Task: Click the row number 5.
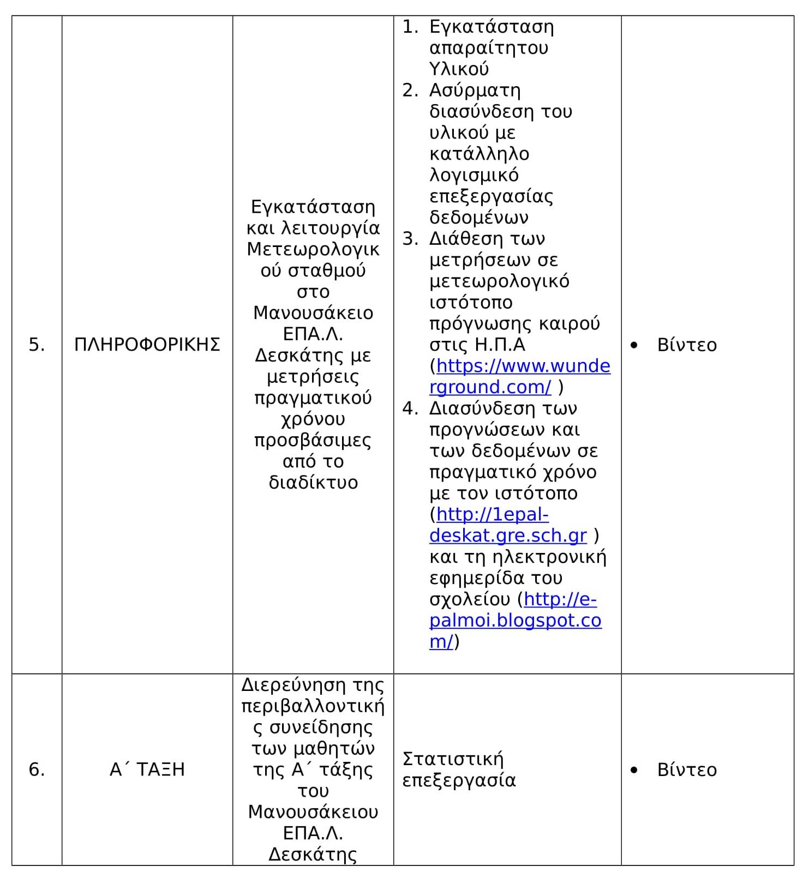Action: coord(37,345)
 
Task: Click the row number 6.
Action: coord(37,769)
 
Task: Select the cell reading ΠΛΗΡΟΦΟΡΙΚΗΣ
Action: coord(147,345)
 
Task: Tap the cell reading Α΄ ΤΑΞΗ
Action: coord(147,769)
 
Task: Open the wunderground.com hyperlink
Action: coord(523,366)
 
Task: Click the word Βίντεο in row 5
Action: coord(687,345)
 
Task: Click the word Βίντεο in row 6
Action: coord(687,769)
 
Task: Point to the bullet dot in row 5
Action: coord(634,345)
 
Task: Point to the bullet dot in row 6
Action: coord(634,770)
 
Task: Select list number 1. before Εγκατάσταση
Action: coord(410,27)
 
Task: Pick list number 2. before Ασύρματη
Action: coord(410,91)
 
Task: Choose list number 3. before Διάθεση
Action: coord(410,239)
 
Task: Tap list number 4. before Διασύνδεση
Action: coord(410,408)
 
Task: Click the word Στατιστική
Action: coord(453,759)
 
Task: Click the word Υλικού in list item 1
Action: coord(459,69)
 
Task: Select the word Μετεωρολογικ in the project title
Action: coord(313,249)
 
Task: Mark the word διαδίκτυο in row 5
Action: coord(313,483)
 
